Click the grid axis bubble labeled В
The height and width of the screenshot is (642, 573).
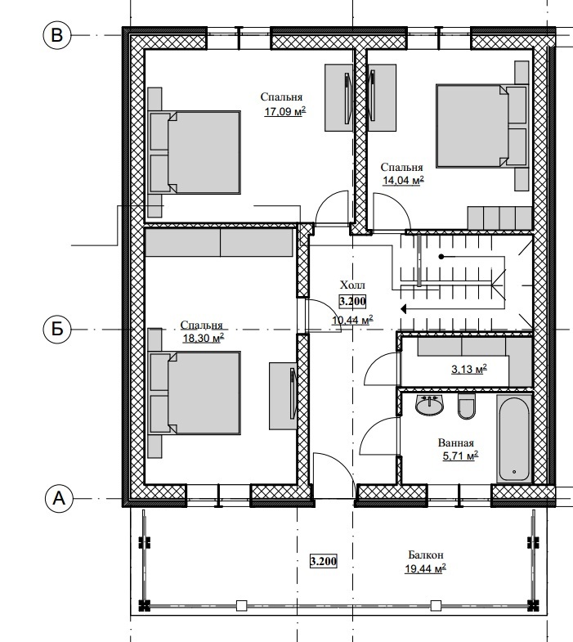tap(57, 35)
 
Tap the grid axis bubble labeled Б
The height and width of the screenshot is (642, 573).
tap(57, 329)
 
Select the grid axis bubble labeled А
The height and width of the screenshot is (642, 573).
tap(59, 499)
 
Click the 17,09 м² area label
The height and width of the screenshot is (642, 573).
tap(285, 111)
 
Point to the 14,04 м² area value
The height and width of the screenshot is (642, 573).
tap(403, 181)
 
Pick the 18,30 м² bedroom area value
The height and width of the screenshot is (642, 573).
tap(204, 339)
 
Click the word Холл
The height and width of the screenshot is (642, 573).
tap(352, 285)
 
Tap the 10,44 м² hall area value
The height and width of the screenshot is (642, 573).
tap(352, 320)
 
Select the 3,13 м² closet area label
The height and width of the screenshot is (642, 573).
tap(469, 370)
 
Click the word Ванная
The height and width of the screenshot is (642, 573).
tap(456, 442)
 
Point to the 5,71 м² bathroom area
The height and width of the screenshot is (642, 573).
tap(460, 456)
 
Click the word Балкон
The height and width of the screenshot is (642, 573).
tap(426, 555)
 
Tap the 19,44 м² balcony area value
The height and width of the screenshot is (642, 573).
tap(425, 568)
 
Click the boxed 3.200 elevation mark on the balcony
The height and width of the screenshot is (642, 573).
tap(324, 561)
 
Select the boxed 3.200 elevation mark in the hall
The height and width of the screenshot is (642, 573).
tap(352, 302)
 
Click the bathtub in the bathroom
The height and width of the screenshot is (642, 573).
tap(514, 438)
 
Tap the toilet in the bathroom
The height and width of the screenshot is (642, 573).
tap(467, 406)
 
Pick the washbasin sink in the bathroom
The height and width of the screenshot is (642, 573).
tap(429, 405)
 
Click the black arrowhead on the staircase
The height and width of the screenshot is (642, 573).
tap(403, 308)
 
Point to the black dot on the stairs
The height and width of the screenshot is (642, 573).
tap(441, 257)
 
